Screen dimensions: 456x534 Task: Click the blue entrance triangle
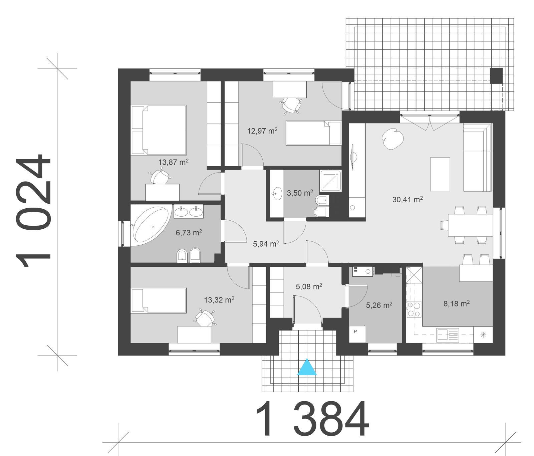tap(307, 368)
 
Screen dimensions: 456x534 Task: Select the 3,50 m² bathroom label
tap(300, 193)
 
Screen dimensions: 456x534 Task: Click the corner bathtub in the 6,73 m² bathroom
tap(150, 225)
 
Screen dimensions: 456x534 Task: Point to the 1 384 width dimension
tap(312, 419)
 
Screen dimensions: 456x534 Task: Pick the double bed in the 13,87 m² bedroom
tap(159, 130)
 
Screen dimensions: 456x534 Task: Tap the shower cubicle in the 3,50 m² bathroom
tap(330, 181)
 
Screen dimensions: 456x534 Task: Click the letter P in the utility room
tap(355, 331)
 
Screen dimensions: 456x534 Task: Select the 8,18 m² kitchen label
tap(457, 303)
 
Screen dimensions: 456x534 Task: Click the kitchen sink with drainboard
tap(448, 334)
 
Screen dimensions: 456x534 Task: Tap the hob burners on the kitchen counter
tap(414, 309)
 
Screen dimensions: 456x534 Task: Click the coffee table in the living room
tap(440, 174)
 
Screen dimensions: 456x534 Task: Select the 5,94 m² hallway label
tap(266, 244)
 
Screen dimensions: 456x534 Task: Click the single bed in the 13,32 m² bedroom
tap(159, 300)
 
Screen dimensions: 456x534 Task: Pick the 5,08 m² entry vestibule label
tap(309, 286)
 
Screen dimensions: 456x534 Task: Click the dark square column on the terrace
tap(496, 76)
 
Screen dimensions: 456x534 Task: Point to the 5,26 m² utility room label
tap(379, 305)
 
